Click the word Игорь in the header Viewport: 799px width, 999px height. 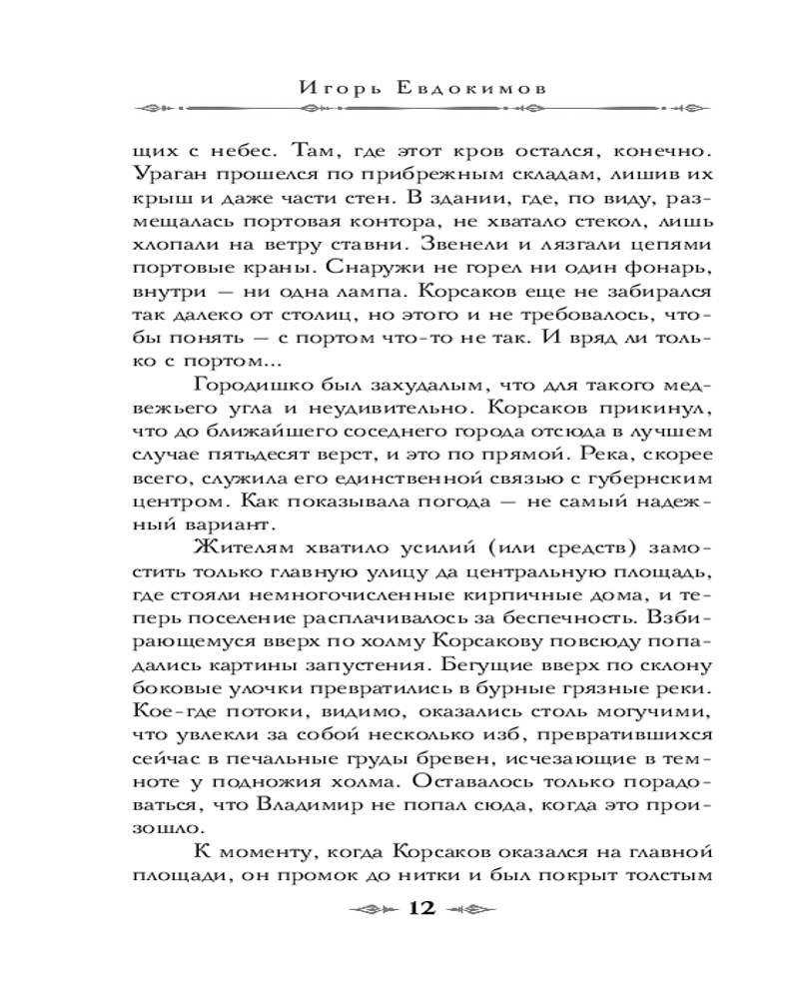[341, 87]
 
